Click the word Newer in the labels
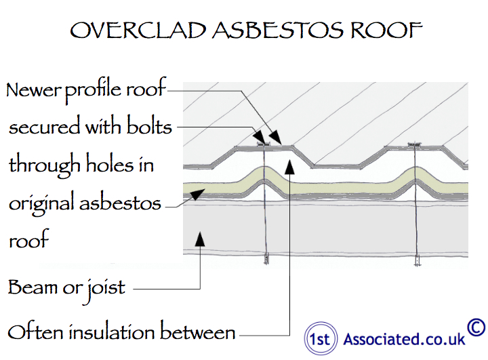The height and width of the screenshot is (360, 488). pos(33,91)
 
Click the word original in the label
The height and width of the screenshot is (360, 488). pos(41,203)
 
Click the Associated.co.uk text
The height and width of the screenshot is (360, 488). pos(405,338)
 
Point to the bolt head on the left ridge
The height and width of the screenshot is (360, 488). pos(263,144)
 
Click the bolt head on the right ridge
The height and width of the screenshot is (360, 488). pos(415,144)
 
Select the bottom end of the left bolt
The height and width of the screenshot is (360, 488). pos(266,259)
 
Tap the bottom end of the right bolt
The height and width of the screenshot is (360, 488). pos(417,259)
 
